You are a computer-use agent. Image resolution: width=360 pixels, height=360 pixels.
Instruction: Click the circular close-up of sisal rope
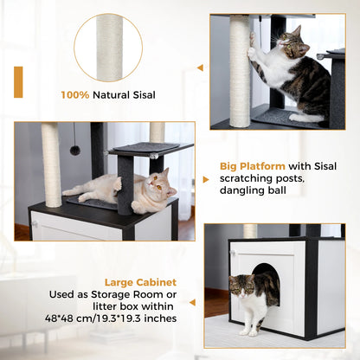[x=108, y=47]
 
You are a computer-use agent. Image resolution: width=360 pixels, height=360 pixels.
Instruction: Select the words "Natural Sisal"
[x=125, y=96]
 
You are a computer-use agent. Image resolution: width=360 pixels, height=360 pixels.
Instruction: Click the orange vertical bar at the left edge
[x=18, y=81]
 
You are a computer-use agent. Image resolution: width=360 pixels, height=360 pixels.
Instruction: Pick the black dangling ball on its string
[x=75, y=151]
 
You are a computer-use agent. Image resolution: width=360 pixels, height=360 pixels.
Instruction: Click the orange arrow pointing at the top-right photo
[x=200, y=67]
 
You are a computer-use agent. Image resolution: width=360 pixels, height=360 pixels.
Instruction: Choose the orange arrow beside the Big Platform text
[x=205, y=179]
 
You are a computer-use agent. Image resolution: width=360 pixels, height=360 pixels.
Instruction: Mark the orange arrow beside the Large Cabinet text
[x=194, y=301]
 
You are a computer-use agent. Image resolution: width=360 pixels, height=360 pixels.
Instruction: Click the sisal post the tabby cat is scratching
[x=240, y=78]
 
